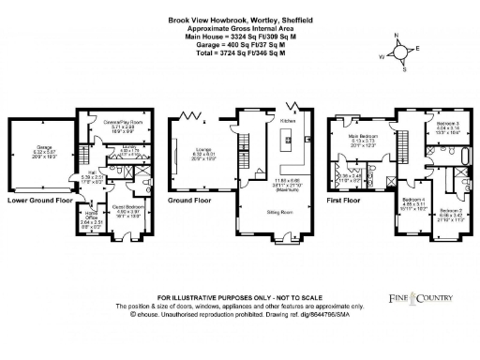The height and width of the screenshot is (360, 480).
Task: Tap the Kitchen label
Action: click(289, 121)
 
